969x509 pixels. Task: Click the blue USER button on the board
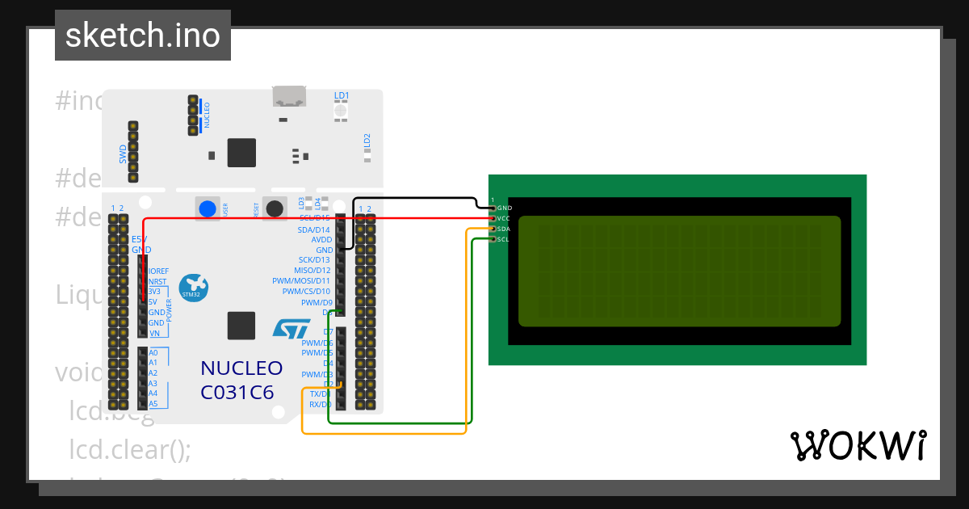(208, 208)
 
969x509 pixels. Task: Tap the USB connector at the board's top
(288, 97)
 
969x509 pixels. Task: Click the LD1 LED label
(342, 96)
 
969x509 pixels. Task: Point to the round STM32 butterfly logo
(194, 287)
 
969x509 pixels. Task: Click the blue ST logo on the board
(291, 328)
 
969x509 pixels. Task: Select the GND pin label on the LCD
(505, 208)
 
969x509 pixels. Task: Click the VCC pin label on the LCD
(504, 219)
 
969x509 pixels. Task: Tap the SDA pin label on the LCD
(504, 229)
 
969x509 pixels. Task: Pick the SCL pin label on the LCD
(503, 240)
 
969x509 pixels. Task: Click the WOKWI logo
(858, 446)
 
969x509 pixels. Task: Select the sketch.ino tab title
(143, 36)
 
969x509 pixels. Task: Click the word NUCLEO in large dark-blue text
(241, 368)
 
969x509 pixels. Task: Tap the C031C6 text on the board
(237, 393)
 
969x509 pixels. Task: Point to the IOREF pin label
(158, 271)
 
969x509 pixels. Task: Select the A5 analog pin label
(153, 404)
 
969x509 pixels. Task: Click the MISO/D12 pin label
(313, 271)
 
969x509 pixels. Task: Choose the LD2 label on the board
(367, 140)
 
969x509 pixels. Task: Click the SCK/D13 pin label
(314, 260)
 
